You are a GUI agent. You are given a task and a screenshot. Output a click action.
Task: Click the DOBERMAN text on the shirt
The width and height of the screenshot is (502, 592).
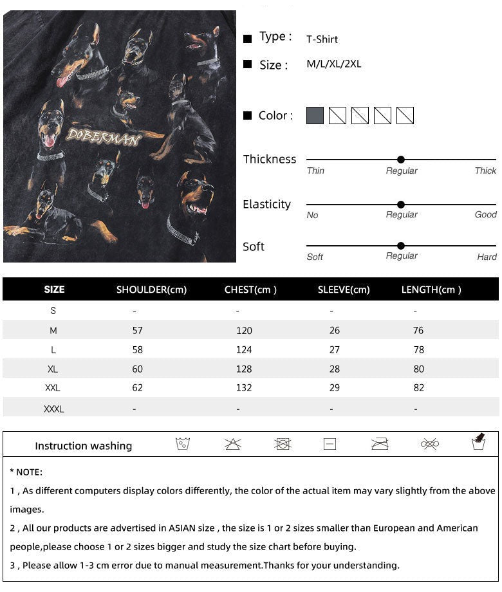point(103,136)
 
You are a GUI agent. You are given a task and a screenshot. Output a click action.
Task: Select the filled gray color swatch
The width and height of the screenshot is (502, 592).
point(315,116)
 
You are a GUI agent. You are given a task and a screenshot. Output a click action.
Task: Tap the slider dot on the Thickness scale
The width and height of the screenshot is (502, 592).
point(401,160)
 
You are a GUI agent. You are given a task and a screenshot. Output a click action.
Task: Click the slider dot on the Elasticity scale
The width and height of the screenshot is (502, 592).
point(401,204)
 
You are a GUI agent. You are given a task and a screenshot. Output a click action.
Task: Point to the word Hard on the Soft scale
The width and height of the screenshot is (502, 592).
point(487,257)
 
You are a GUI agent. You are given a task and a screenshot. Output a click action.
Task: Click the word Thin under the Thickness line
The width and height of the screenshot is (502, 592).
point(315,171)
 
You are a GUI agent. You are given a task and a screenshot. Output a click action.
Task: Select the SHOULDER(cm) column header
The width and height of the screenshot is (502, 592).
point(151,290)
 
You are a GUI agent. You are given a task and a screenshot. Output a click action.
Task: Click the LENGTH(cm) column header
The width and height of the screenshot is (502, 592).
point(431,290)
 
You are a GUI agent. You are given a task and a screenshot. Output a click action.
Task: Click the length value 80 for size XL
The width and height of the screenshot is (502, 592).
point(419,369)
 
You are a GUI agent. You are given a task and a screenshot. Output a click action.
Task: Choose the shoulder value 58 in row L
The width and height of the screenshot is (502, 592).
point(137,350)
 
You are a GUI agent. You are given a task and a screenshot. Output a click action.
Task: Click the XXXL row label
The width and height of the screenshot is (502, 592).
point(53,409)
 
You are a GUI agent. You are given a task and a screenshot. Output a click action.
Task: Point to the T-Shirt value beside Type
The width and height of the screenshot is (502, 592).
point(322,39)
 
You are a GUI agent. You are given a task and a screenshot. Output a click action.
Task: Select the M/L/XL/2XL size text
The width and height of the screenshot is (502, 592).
point(334,64)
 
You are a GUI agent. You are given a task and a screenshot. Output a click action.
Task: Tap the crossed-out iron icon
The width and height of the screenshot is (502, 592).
point(380,444)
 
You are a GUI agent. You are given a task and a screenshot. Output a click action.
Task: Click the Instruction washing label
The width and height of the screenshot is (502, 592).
point(83,446)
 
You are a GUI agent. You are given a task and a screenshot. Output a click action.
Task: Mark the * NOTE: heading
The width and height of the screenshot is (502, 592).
point(26,472)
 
